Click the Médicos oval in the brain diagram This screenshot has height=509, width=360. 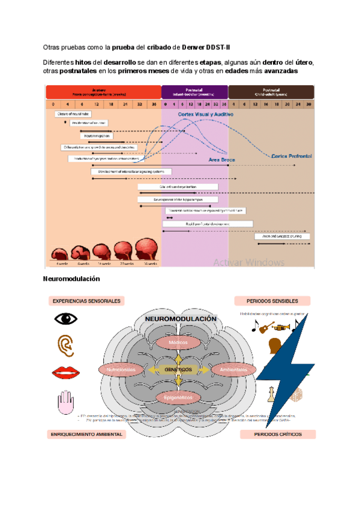tap(178, 342)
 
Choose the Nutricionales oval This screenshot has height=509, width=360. tap(122, 370)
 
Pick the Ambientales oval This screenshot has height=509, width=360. tap(233, 370)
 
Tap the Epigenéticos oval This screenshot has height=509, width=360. tap(178, 397)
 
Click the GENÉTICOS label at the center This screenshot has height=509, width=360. tap(178, 370)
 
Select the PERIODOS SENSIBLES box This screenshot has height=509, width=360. tap(274, 301)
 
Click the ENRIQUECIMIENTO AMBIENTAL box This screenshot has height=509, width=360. tap(87, 433)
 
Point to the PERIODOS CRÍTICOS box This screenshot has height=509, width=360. tap(277, 433)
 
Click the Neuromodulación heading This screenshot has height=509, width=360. tap(71, 279)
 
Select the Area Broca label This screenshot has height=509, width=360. tap(221, 161)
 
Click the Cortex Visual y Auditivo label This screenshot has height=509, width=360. tap(205, 114)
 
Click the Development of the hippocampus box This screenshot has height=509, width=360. tap(169, 199)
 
